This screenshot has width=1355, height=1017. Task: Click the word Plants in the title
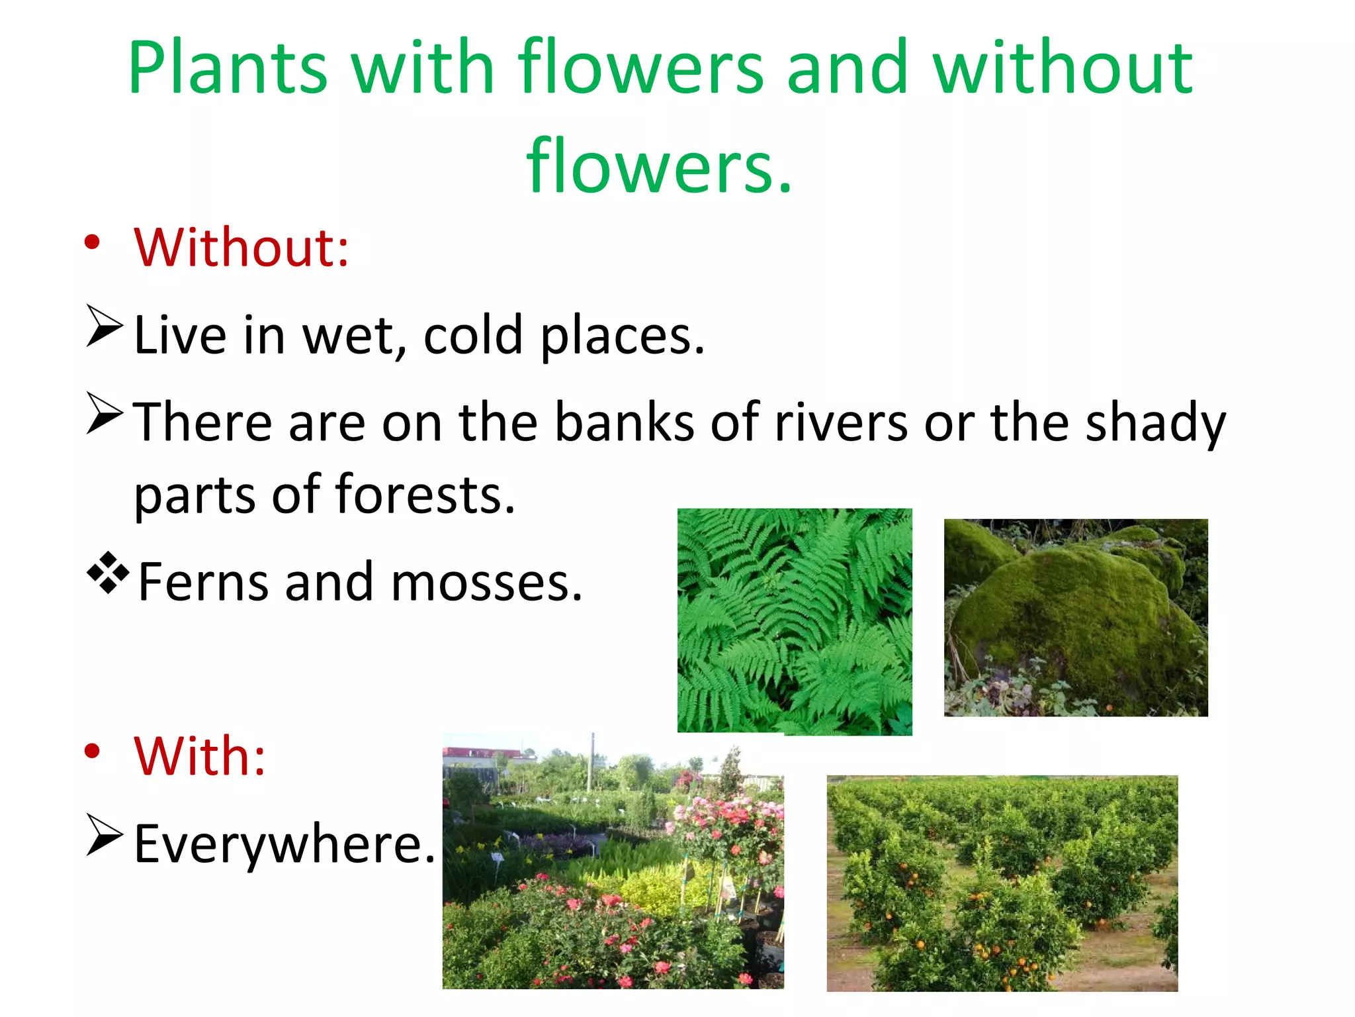228,68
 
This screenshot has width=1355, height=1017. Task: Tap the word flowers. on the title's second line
659,166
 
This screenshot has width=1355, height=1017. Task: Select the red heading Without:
241,248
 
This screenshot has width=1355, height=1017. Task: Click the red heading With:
200,756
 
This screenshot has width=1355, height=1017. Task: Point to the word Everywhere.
284,844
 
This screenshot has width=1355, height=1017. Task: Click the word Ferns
203,583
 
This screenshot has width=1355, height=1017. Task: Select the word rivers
841,422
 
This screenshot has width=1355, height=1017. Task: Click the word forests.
425,495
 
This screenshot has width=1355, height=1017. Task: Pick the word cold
473,335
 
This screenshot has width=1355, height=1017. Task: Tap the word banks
624,422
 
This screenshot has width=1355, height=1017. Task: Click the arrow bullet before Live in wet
105,326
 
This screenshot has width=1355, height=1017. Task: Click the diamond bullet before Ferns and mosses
108,572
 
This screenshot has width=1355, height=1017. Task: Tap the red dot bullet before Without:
92,242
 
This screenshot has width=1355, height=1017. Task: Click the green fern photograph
794,621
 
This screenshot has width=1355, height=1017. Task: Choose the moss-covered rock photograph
1075,617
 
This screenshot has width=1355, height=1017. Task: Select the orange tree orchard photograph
1002,883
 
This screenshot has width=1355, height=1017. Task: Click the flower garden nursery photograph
613,861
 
